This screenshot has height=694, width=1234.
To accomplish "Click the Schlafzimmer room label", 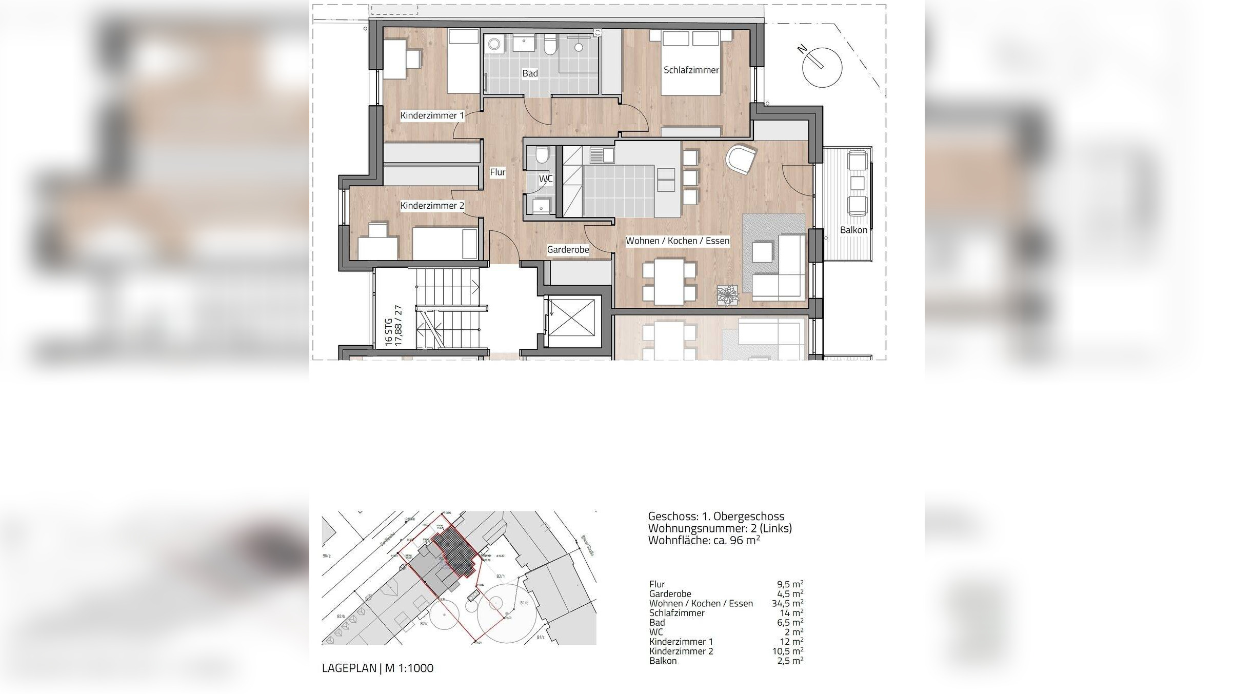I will [691, 70].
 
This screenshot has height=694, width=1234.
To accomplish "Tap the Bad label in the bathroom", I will [530, 74].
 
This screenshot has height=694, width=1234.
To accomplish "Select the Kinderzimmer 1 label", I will [432, 116].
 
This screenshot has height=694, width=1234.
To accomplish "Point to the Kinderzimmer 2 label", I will [432, 206].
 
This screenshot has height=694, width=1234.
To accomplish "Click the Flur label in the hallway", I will [497, 172].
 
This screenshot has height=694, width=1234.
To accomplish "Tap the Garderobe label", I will [568, 250].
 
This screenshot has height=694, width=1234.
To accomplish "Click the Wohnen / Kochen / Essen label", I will [677, 241].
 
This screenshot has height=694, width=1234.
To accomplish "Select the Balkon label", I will [853, 230].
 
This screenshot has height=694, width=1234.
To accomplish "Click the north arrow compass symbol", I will [822, 67].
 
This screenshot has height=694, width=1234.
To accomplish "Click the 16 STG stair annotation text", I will [389, 332].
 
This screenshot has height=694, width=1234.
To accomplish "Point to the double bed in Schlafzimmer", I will [690, 63].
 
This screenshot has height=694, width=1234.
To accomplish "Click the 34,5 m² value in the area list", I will [787, 604].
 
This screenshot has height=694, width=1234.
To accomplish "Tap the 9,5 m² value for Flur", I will [790, 584].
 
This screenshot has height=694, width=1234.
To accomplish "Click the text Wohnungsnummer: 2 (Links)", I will [720, 528].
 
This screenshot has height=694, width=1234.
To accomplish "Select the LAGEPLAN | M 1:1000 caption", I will [377, 668].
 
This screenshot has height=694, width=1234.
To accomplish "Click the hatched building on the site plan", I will [454, 552].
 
